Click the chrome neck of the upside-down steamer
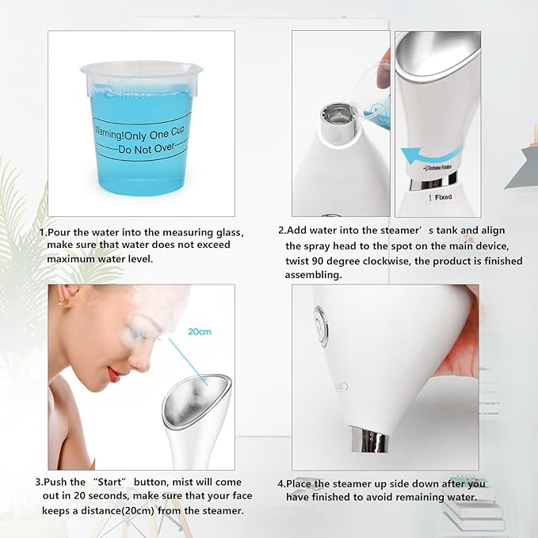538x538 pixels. click(368, 438)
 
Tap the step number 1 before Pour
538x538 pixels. click(42, 232)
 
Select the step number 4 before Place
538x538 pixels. click(280, 483)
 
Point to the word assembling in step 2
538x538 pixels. click(313, 275)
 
